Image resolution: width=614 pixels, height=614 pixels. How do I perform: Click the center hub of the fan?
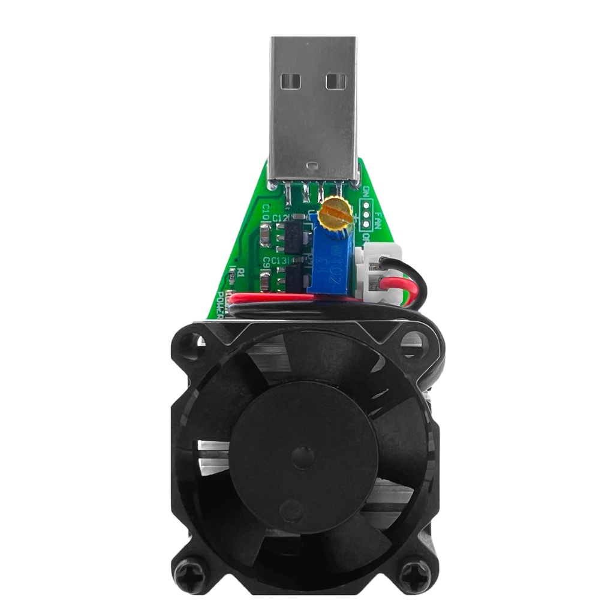coord(303,458)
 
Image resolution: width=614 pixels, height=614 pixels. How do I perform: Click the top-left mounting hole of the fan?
coord(190,344)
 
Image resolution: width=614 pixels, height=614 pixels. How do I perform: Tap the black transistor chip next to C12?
coord(293,237)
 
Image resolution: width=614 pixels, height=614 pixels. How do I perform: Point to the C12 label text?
coord(280,218)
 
